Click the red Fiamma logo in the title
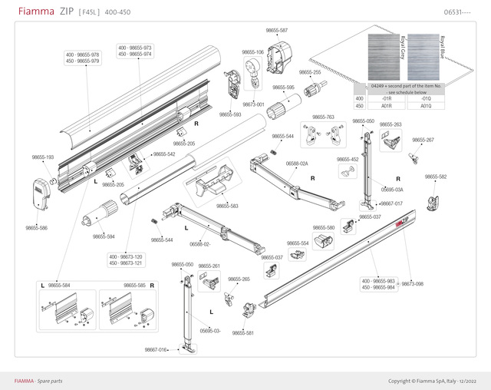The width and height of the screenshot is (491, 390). point(33,12)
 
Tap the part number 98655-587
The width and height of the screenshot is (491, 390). point(277,30)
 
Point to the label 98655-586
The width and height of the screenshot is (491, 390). point(37,228)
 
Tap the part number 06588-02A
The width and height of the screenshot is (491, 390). point(297,164)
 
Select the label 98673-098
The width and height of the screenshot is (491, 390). point(413,284)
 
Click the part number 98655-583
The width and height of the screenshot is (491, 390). point(227,206)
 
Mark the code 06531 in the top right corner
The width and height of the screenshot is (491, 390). point(457,13)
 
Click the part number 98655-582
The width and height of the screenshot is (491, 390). point(436,177)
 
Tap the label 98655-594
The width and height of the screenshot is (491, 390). point(104,236)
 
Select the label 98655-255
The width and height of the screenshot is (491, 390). point(311,72)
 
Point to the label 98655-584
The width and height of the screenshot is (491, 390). point(59,286)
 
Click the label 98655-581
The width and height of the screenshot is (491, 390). point(243,333)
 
